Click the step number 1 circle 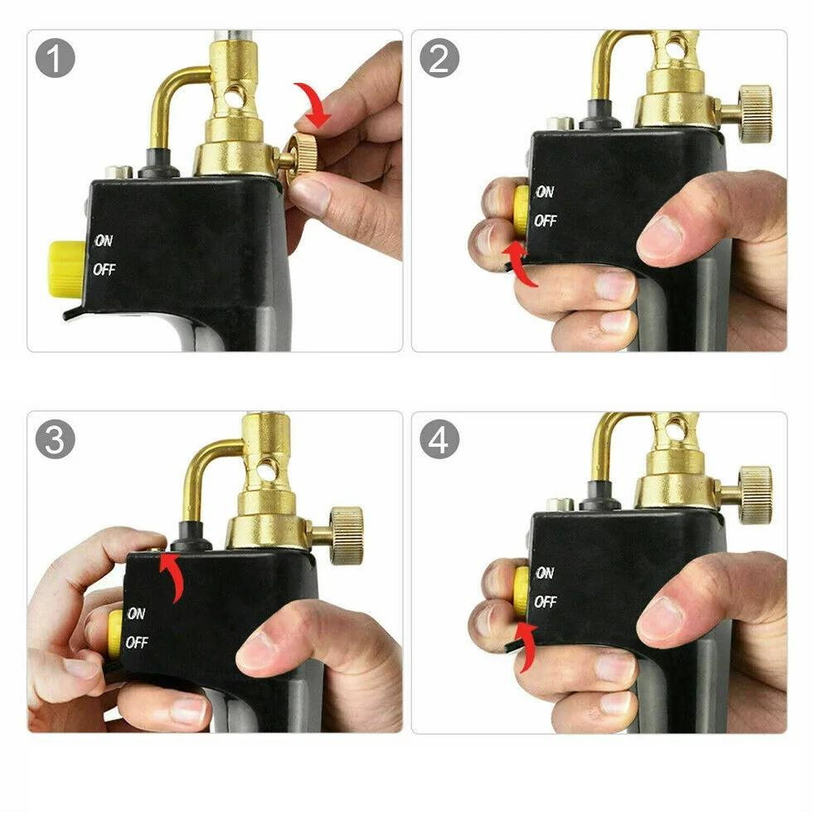click(56, 59)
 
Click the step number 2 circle click(439, 59)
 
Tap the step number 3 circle click(56, 440)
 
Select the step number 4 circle click(439, 440)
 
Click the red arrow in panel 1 click(316, 104)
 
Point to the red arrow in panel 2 click(520, 261)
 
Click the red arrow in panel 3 click(172, 576)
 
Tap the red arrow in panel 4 click(524, 647)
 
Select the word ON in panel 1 click(104, 241)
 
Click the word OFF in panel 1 click(104, 270)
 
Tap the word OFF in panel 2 click(545, 221)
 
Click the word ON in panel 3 click(136, 614)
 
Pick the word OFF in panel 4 click(545, 603)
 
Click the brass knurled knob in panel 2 click(755, 114)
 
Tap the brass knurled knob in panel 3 click(346, 535)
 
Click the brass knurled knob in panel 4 click(755, 495)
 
